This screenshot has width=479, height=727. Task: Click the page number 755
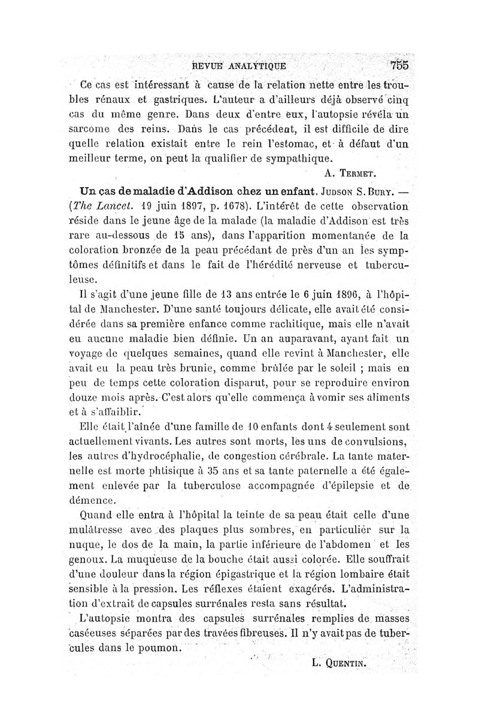(x=398, y=65)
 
